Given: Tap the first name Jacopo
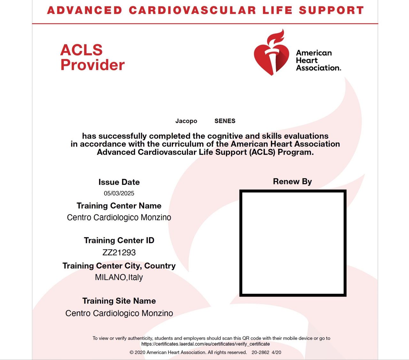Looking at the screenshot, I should click(186, 121).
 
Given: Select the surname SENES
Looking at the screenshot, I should click(225, 121).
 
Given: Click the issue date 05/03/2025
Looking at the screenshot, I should click(119, 193).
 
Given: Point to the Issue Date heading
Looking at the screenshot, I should click(119, 182).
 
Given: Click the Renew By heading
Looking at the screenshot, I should click(292, 181).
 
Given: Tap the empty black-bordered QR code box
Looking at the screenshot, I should click(293, 243).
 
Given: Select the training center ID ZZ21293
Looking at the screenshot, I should click(119, 252).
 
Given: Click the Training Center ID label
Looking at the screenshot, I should click(119, 240).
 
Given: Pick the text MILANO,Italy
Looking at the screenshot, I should click(119, 277).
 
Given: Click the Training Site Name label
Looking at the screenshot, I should click(119, 301).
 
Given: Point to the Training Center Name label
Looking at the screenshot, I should click(119, 206).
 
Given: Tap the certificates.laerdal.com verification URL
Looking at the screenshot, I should click(205, 344).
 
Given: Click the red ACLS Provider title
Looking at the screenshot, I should click(92, 57).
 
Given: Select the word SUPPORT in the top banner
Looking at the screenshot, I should click(331, 10).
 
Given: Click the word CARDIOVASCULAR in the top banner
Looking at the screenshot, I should click(192, 10).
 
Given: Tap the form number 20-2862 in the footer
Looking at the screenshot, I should click(260, 352).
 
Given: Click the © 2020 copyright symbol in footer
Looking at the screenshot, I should click(131, 352).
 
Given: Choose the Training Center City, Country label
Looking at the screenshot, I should click(119, 266).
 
